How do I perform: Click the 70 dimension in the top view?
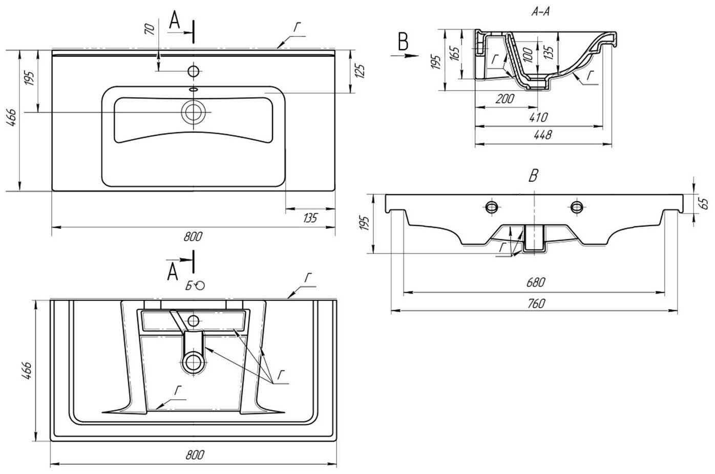[x=150, y=29]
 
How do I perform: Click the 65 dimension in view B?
[x=706, y=203]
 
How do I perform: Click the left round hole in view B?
[x=492, y=206]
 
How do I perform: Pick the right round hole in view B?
[x=576, y=206]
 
